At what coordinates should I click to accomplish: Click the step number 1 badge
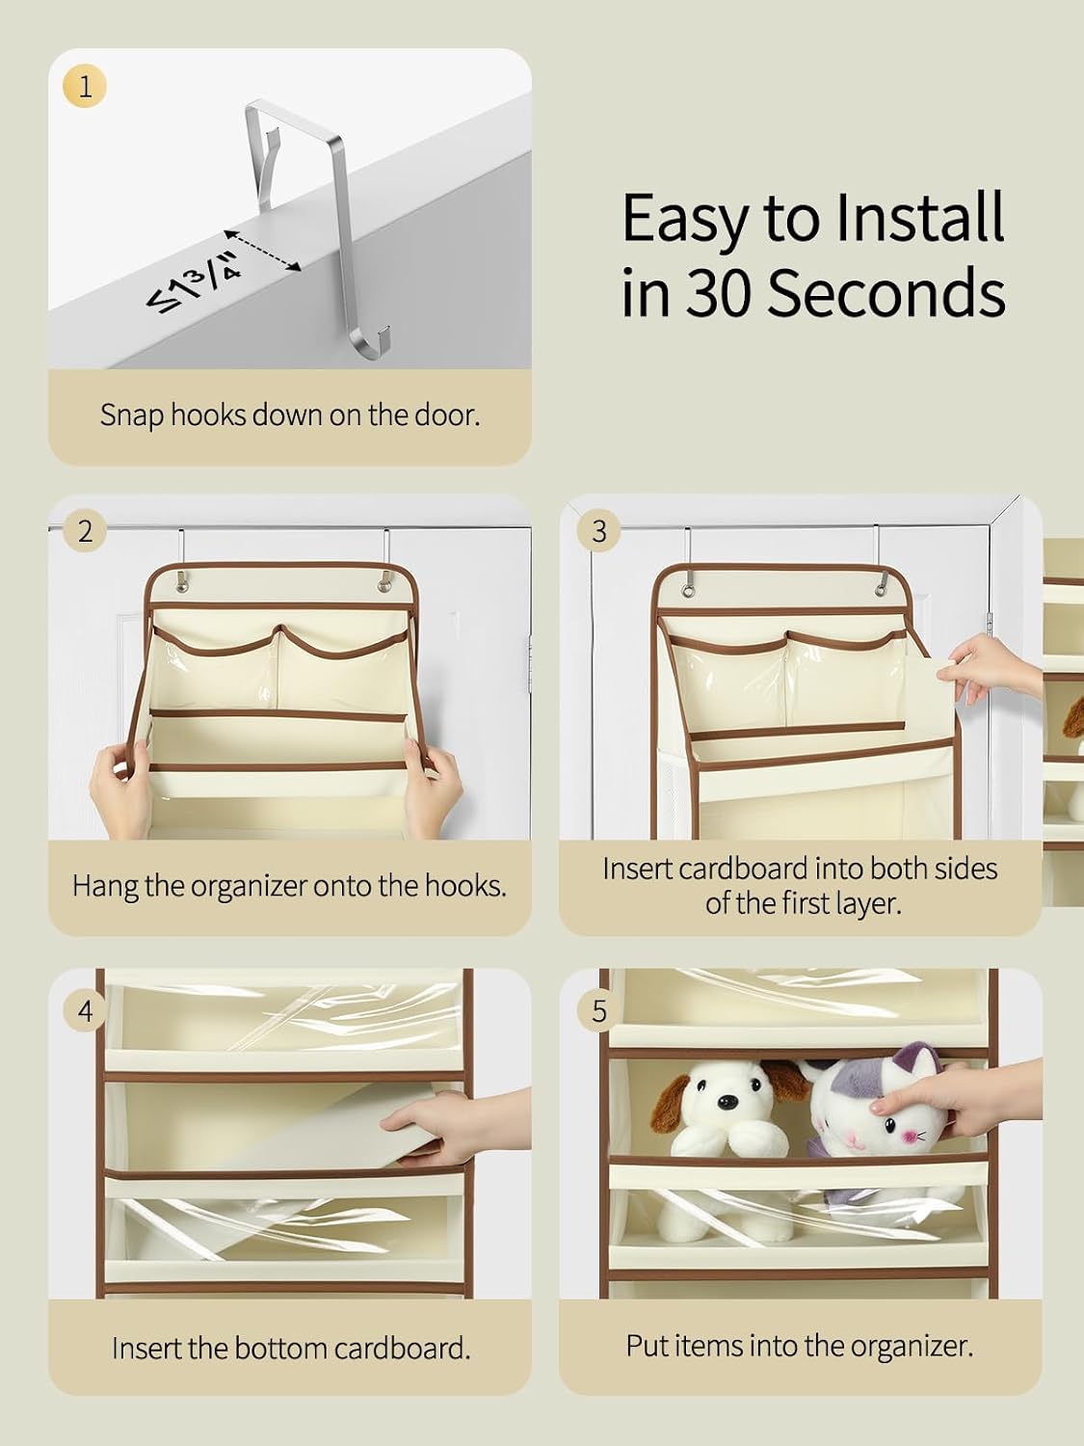(84, 87)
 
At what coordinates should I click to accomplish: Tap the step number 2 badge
(85, 531)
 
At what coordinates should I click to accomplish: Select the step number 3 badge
(598, 531)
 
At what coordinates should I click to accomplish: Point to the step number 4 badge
(85, 1010)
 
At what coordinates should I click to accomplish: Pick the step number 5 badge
(598, 1010)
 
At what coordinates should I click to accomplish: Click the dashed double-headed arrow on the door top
(263, 251)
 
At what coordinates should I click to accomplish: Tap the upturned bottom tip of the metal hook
(389, 327)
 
